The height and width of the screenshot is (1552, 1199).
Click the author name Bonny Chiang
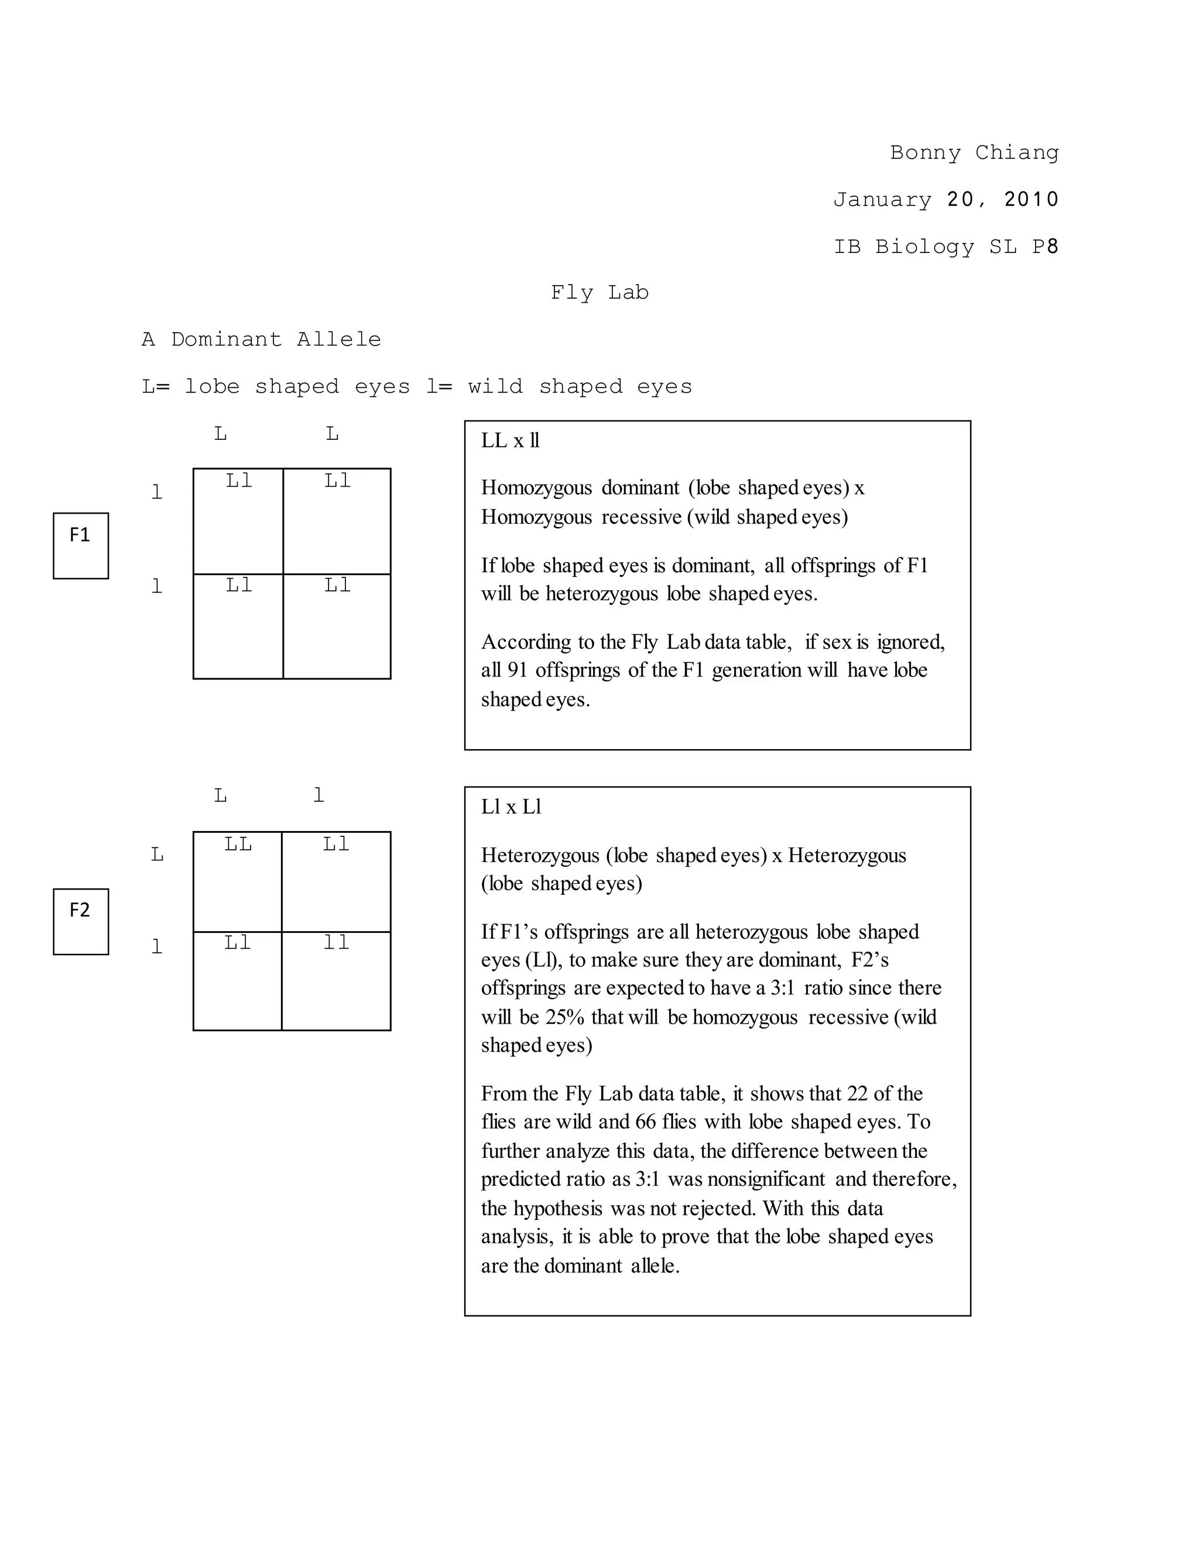click(x=974, y=153)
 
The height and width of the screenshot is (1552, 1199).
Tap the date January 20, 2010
click(x=946, y=200)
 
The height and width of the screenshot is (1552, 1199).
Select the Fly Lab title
click(x=599, y=293)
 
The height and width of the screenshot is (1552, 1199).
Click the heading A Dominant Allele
click(x=261, y=340)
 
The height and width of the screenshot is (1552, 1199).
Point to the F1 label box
click(x=80, y=545)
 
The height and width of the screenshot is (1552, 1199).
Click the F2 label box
click(x=80, y=921)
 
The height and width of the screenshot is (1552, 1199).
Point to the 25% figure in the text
click(x=565, y=1018)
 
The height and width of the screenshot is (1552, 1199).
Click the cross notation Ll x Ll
click(x=511, y=806)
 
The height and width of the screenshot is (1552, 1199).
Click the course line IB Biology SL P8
click(x=946, y=247)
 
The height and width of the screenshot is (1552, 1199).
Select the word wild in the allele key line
click(x=495, y=387)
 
